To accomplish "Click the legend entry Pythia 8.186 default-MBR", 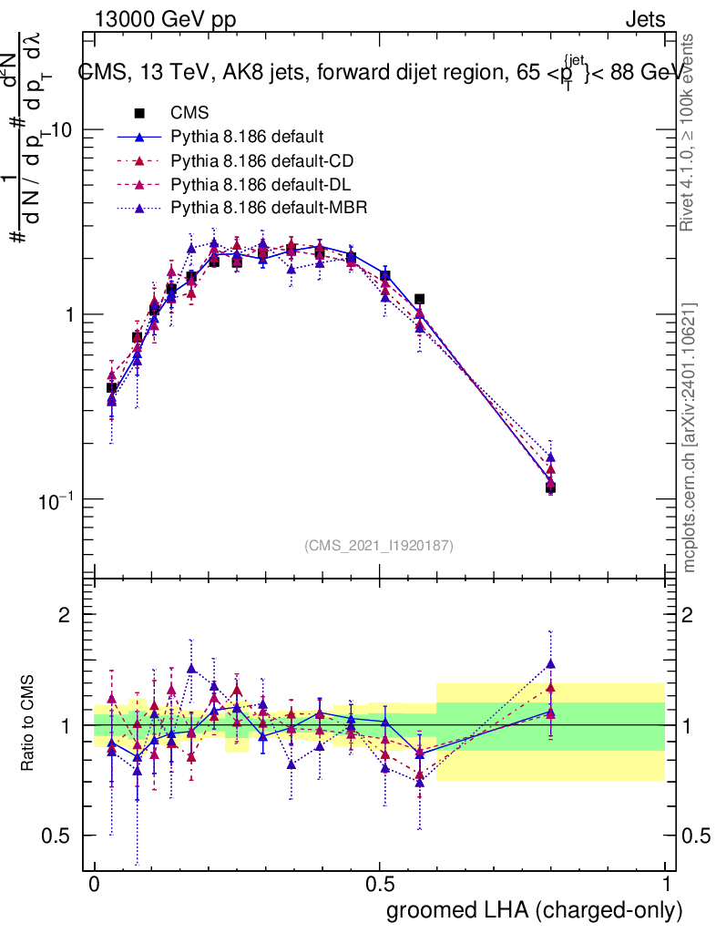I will tap(269, 207).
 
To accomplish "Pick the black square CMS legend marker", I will tap(139, 114).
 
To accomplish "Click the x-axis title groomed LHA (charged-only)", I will tap(535, 909).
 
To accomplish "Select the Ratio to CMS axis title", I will tap(28, 723).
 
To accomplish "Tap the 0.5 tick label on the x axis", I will tap(380, 885).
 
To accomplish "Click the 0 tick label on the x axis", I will tap(94, 885).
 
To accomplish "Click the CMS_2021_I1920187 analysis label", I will tap(379, 545).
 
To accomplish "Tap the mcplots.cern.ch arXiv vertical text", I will tap(690, 437).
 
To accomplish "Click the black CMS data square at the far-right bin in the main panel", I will tap(551, 487).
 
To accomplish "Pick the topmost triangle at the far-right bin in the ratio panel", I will tap(551, 664).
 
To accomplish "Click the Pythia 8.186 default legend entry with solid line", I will tap(247, 138).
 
